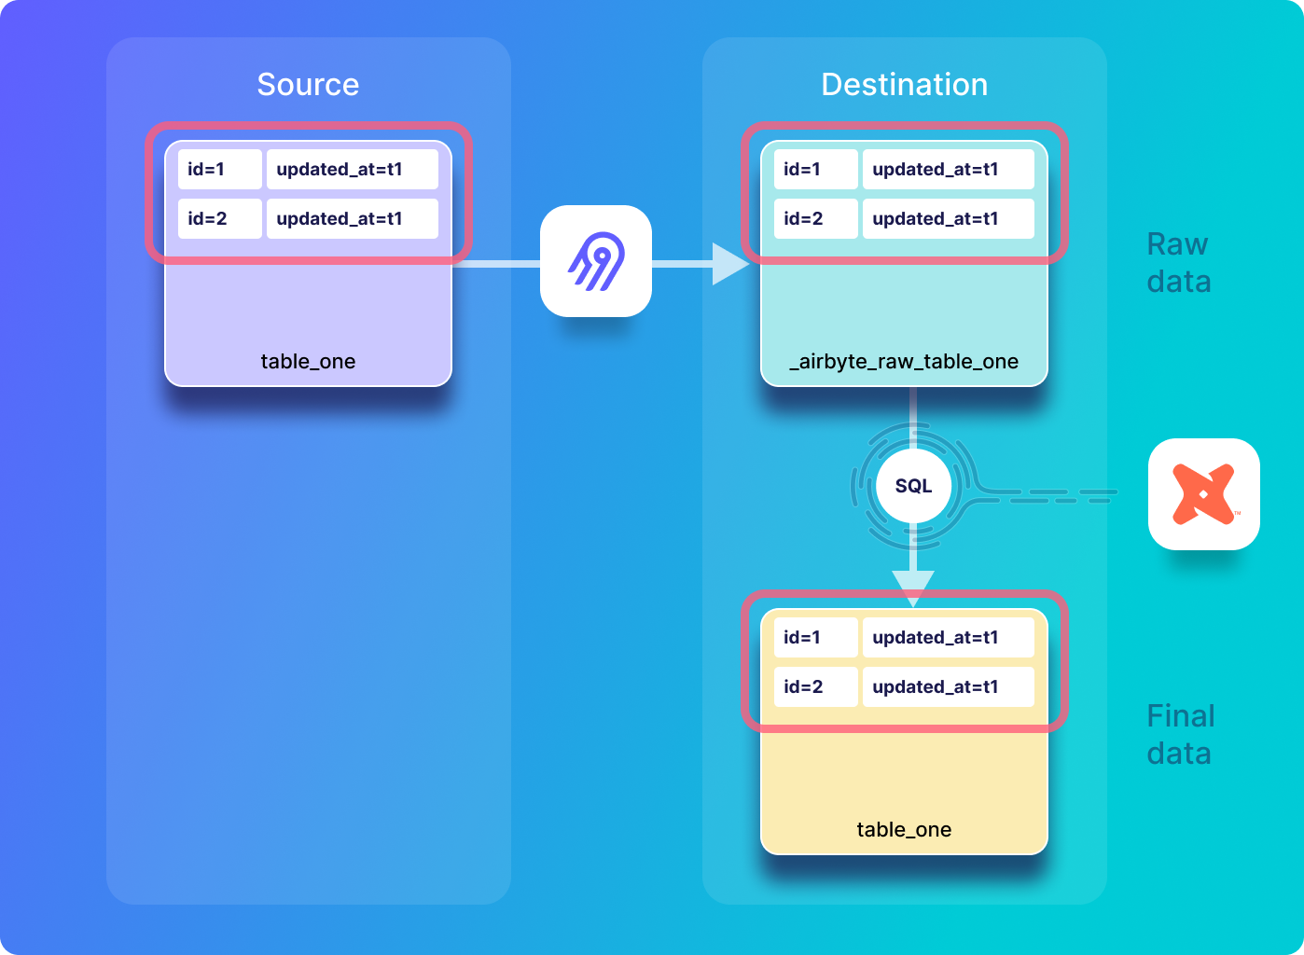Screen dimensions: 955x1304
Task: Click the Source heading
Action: pyautogui.click(x=308, y=85)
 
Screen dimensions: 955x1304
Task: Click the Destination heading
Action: pyautogui.click(x=904, y=85)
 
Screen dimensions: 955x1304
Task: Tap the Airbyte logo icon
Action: pyautogui.click(x=596, y=261)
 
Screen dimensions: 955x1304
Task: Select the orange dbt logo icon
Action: pyautogui.click(x=1203, y=494)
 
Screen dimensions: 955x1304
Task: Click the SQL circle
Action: pyautogui.click(x=913, y=486)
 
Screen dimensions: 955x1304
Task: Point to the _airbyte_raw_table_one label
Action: pyautogui.click(x=904, y=362)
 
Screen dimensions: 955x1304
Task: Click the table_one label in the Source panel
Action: pyautogui.click(x=308, y=362)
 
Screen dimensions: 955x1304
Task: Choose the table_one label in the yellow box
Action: pyautogui.click(x=904, y=830)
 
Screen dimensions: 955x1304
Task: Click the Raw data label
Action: pyautogui.click(x=1178, y=263)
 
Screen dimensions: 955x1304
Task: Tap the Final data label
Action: pyautogui.click(x=1180, y=735)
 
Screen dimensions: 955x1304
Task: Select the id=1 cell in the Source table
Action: pyautogui.click(x=219, y=170)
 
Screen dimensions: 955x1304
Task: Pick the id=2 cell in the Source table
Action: pyautogui.click(x=219, y=219)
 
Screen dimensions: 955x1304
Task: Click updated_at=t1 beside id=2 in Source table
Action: pyautogui.click(x=352, y=219)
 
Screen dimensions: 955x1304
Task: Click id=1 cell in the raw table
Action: pyautogui.click(x=815, y=170)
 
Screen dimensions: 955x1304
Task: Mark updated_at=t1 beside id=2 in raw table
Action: pyautogui.click(x=948, y=219)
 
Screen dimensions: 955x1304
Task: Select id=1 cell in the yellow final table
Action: pyautogui.click(x=815, y=638)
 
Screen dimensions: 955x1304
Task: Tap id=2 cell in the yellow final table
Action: pyautogui.click(x=815, y=687)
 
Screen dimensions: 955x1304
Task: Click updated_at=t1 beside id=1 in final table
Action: pyautogui.click(x=948, y=638)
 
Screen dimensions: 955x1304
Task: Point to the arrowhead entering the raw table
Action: pyautogui.click(x=729, y=264)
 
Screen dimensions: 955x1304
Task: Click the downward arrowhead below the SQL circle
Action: pyautogui.click(x=913, y=587)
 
